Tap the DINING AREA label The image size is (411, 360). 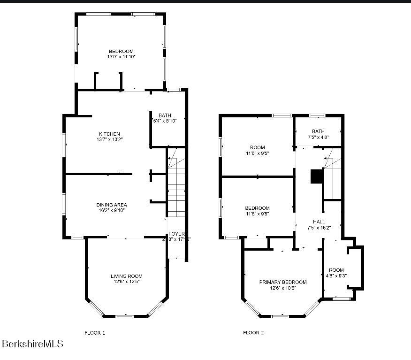pyautogui.click(x=112, y=205)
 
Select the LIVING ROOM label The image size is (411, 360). pyautogui.click(x=127, y=276)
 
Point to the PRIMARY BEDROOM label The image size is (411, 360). pyautogui.click(x=283, y=282)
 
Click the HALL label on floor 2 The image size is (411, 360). pyautogui.click(x=319, y=222)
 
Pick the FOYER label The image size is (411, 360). pyautogui.click(x=177, y=234)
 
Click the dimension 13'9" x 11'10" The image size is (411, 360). pyautogui.click(x=121, y=57)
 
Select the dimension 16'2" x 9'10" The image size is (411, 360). pyautogui.click(x=112, y=210)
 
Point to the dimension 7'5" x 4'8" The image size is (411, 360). pyautogui.click(x=318, y=137)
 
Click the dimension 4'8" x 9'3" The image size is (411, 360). pyautogui.click(x=336, y=276)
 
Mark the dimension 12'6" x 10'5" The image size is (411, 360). pyautogui.click(x=283, y=288)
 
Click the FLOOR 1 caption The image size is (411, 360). pyautogui.click(x=95, y=333)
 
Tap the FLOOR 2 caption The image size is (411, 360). pyautogui.click(x=253, y=333)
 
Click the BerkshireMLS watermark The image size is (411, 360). pyautogui.click(x=32, y=344)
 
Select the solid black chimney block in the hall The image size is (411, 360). pyautogui.click(x=317, y=176)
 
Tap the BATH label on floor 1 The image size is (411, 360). pyautogui.click(x=165, y=115)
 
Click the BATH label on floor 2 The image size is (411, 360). pyautogui.click(x=318, y=131)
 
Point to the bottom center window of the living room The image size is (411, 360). pyautogui.click(x=124, y=316)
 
